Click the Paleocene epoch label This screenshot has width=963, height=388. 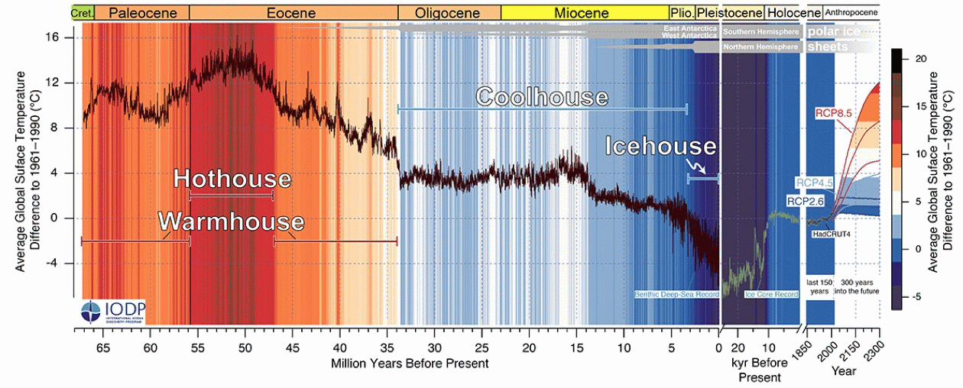141,13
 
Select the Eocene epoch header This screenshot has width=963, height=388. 292,13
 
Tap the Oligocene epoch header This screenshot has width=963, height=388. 449,13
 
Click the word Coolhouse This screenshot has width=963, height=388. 542,97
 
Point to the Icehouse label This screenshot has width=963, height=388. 661,146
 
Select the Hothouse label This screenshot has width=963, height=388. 232,179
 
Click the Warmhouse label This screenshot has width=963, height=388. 231,221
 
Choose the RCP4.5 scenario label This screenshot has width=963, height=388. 815,182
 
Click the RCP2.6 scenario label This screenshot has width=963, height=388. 805,201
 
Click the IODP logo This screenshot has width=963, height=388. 114,311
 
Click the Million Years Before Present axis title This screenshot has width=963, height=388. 410,363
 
